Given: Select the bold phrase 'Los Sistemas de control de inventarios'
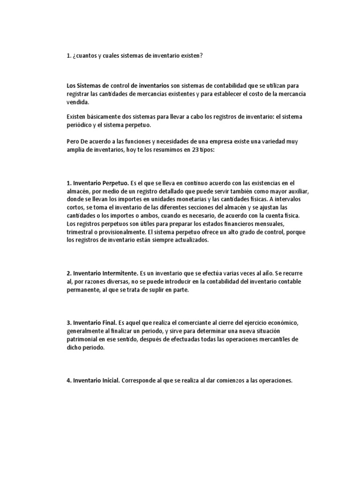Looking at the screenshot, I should tap(118, 86).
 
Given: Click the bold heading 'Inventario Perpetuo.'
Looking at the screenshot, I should tap(101, 183).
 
